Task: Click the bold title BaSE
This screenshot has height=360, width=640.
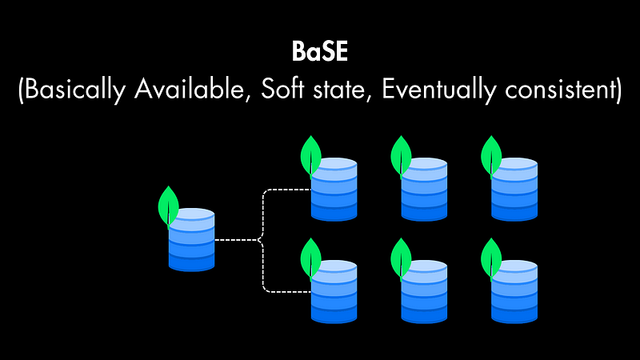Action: click(319, 54)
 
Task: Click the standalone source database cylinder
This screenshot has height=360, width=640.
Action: click(192, 240)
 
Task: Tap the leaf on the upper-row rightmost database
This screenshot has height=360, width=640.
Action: click(490, 154)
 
